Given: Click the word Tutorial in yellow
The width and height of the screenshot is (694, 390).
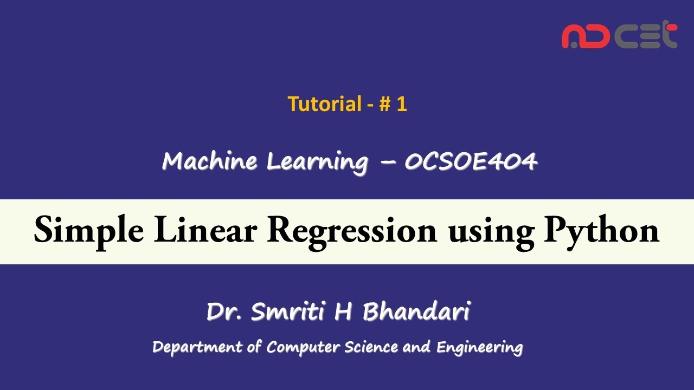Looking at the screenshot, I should tap(324, 103).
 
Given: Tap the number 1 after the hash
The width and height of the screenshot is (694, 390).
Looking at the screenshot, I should tap(401, 103).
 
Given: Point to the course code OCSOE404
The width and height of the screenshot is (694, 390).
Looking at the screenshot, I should tap(471, 161).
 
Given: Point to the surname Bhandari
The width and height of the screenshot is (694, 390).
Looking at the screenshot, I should tap(416, 311).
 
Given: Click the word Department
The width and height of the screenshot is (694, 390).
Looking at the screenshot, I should tap(197, 347).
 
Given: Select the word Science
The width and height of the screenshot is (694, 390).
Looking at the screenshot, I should tap(372, 347).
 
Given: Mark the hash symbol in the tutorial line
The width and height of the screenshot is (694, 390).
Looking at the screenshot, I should tap(384, 103).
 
